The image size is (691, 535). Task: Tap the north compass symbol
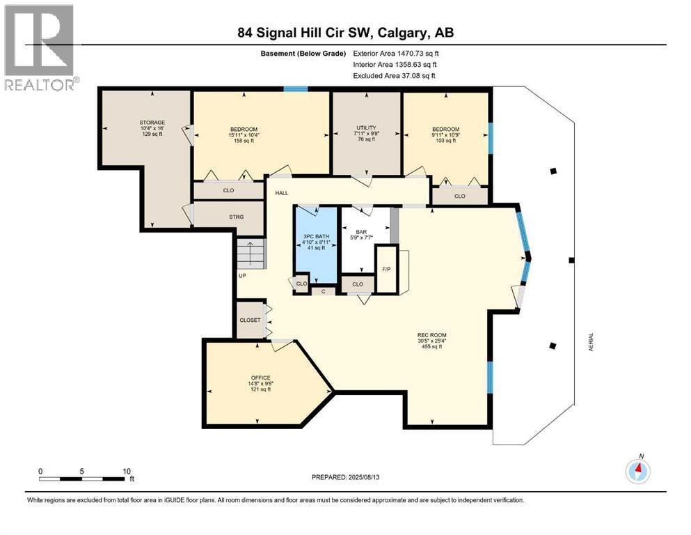pos(637,471)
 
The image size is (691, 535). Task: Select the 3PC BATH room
pos(316,245)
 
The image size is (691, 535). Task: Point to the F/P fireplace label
pos(386,270)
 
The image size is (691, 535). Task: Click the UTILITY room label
pos(366,128)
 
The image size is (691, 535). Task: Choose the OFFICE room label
pos(260,378)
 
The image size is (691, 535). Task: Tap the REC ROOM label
pos(432,335)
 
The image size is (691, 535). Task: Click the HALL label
pos(282,193)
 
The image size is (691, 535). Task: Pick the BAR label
pos(361,232)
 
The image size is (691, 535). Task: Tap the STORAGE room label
pos(152,123)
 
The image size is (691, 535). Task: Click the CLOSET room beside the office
pos(250,320)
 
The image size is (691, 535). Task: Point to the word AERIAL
pos(591,342)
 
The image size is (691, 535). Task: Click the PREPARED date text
pos(345,477)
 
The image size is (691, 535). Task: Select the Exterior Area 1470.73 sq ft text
pos(396,54)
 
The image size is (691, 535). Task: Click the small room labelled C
pos(324,291)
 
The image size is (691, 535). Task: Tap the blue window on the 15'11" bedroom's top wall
pos(295,89)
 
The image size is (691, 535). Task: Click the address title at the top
pos(345,33)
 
